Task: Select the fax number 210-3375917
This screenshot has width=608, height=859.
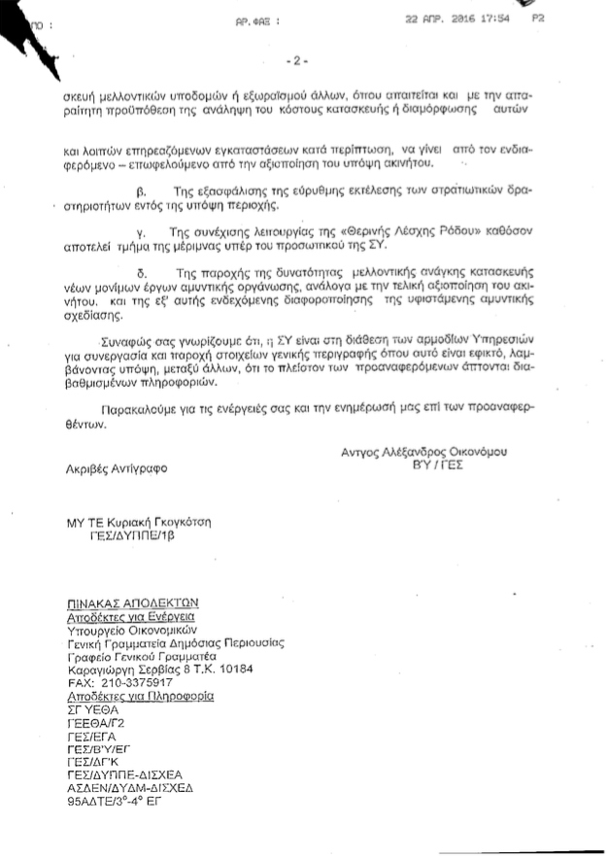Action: (x=147, y=683)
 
